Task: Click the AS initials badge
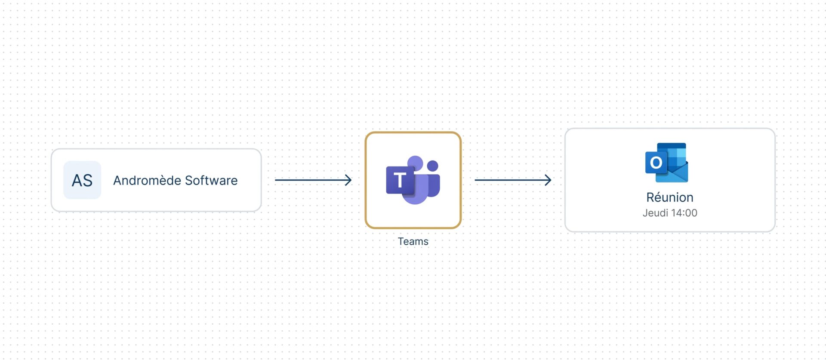(82, 180)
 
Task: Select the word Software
(211, 180)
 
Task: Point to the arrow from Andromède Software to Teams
(313, 180)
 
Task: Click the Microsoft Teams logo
(413, 180)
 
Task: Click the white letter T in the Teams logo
(400, 180)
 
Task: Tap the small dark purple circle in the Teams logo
(432, 166)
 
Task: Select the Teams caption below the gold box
(413, 241)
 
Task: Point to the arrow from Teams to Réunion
(513, 180)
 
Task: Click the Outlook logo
(667, 163)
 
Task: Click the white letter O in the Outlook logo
(656, 163)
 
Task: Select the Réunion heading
(670, 197)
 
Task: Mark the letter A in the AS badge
(77, 180)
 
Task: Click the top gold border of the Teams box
(413, 133)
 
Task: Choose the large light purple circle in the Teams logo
(416, 163)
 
